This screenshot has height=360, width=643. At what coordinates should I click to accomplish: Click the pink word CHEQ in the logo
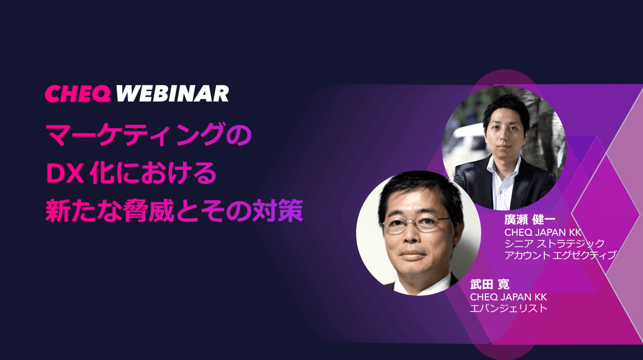78,94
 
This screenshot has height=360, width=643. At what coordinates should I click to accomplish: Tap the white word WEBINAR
172,94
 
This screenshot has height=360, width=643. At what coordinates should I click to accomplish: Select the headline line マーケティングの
149,134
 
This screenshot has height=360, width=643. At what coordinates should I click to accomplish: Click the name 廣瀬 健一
530,219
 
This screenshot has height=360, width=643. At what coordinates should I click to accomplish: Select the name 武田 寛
489,284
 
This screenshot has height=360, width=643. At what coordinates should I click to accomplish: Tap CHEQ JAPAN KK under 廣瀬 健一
543,232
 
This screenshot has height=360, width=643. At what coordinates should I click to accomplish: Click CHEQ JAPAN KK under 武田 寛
508,297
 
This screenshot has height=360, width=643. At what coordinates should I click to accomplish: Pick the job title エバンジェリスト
509,308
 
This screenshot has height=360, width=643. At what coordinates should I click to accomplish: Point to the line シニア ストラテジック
554,243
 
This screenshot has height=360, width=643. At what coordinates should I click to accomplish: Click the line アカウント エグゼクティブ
560,255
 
